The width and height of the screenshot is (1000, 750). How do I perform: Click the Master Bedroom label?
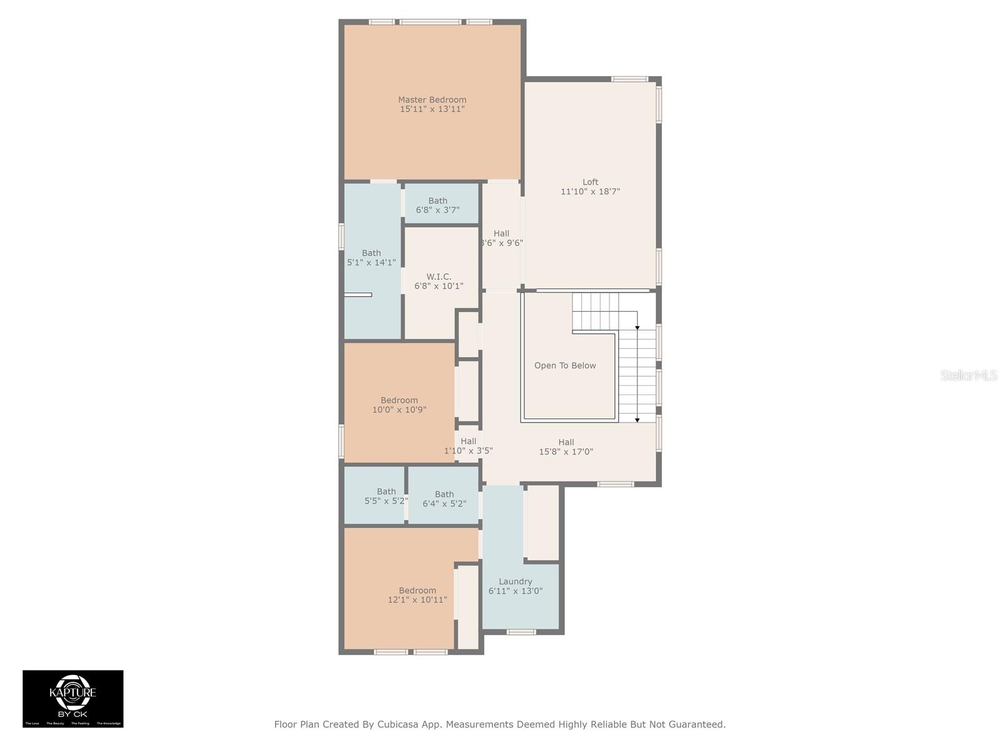pos(432,99)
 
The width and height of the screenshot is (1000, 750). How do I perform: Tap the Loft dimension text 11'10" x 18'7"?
pos(590,192)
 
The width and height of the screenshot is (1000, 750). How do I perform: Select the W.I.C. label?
pos(439,276)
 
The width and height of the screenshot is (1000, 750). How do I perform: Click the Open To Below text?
pos(565,366)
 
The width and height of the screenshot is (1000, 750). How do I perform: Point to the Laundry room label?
pos(515,581)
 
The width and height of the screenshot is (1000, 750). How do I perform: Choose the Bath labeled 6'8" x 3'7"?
pos(437,206)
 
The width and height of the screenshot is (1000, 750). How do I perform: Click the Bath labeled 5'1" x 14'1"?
pos(371,257)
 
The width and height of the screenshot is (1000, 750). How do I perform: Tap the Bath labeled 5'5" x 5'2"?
pos(386,496)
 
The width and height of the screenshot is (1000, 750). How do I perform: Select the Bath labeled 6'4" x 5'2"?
pos(444,499)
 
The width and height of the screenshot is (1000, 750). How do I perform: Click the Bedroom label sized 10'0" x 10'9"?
pos(399,405)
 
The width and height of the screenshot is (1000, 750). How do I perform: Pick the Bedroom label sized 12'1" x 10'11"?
pos(417,595)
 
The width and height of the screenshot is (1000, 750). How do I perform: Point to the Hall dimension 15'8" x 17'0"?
pos(566,452)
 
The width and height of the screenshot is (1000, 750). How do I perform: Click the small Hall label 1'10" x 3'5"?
pos(468,446)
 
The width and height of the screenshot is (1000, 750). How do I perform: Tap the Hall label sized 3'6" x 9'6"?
pos(501,238)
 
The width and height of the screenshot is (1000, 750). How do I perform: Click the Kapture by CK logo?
pos(73,698)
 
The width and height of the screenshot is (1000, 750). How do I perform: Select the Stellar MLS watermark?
pos(968,376)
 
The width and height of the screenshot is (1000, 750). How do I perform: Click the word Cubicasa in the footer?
pos(399,724)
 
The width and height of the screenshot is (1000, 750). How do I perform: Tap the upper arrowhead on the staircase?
pos(637,327)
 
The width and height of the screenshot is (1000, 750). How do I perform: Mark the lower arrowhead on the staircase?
pos(637,420)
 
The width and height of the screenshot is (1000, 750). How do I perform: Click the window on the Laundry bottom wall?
pos(521,632)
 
